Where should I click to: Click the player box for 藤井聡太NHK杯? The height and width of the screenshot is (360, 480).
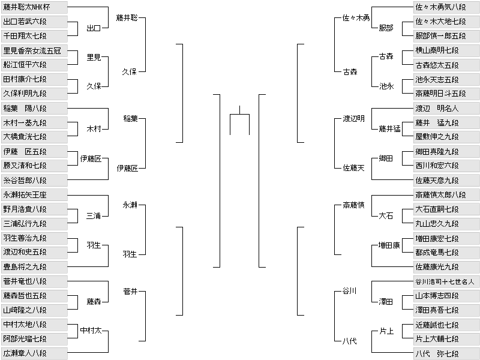[x=34, y=7]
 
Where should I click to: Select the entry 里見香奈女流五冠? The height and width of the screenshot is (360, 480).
[x=34, y=50]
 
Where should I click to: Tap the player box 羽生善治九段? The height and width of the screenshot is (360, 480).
[x=34, y=238]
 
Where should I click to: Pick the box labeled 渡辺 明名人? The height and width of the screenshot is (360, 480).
[x=446, y=109]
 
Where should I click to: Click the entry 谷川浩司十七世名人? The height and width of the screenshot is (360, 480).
[x=446, y=281]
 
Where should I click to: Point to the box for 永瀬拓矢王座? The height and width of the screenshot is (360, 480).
[x=34, y=195]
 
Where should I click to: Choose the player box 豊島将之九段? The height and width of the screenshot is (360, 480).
[x=34, y=266]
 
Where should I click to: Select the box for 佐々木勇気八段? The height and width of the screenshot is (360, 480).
[x=446, y=7]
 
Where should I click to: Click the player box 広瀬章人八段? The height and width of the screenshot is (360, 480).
[x=34, y=353]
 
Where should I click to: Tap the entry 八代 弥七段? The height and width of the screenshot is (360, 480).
[x=446, y=353]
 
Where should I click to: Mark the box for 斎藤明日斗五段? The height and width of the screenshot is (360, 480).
[x=446, y=94]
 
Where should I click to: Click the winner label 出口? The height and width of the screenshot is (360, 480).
[x=94, y=28]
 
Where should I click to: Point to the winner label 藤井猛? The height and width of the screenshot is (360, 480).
[x=389, y=129]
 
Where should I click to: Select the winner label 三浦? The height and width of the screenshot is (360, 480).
[x=94, y=216]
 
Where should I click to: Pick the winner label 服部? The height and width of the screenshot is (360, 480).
[x=386, y=28]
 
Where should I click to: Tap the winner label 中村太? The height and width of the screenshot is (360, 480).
[x=91, y=331]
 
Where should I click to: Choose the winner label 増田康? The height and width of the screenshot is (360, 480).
[x=389, y=245]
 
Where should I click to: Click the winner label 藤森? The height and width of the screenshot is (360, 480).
[x=94, y=302]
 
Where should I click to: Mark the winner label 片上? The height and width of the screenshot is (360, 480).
[x=386, y=331]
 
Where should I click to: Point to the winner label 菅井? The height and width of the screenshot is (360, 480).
[x=130, y=292]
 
